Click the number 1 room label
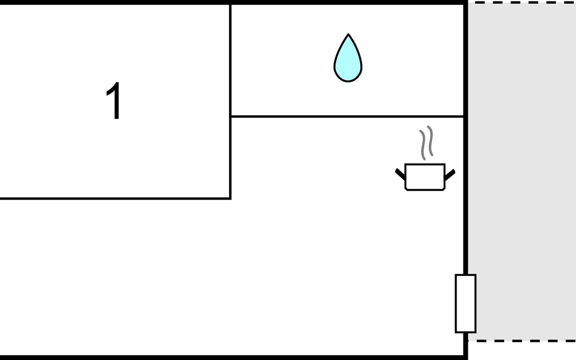click(x=114, y=101)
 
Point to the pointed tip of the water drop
click(x=348, y=34)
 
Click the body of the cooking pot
click(x=425, y=177)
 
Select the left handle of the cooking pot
click(x=400, y=174)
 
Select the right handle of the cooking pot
click(x=450, y=175)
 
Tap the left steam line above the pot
click(x=423, y=145)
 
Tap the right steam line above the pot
click(x=430, y=141)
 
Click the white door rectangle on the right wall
click(x=465, y=303)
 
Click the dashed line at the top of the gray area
click(x=522, y=2)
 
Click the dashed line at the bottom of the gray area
click(x=522, y=341)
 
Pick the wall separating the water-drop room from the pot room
click(x=347, y=116)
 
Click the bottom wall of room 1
click(x=115, y=198)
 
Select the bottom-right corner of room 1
click(x=230, y=198)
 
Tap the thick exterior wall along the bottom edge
click(x=233, y=358)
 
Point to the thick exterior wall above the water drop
click(x=348, y=2)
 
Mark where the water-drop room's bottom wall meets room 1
click(x=230, y=116)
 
